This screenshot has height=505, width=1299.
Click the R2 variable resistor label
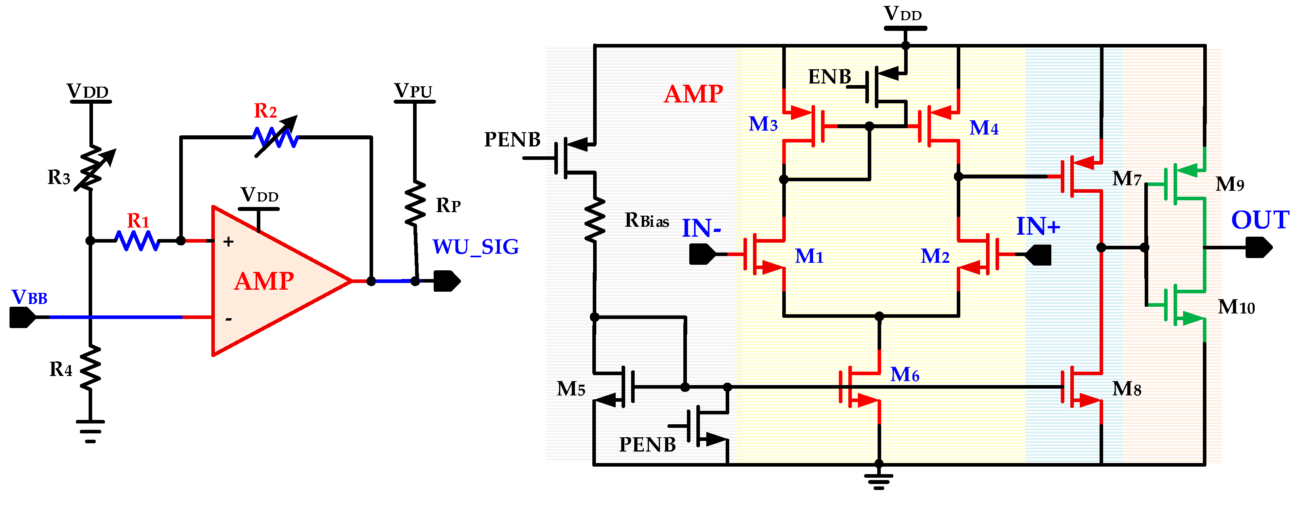[265, 110]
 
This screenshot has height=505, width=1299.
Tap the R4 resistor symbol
[90, 367]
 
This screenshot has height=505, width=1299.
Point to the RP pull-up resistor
[415, 204]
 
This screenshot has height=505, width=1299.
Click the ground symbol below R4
[90, 431]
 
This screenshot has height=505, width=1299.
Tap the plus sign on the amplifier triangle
[228, 242]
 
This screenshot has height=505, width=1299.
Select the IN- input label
[701, 228]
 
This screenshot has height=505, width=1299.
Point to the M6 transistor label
[905, 374]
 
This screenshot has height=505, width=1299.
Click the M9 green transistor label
[1229, 184]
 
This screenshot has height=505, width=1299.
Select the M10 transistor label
[1236, 307]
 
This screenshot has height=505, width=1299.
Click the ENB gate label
[829, 77]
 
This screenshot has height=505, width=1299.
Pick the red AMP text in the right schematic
[693, 94]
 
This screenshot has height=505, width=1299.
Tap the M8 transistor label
[1126, 389]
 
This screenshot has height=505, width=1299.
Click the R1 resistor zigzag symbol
[137, 241]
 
